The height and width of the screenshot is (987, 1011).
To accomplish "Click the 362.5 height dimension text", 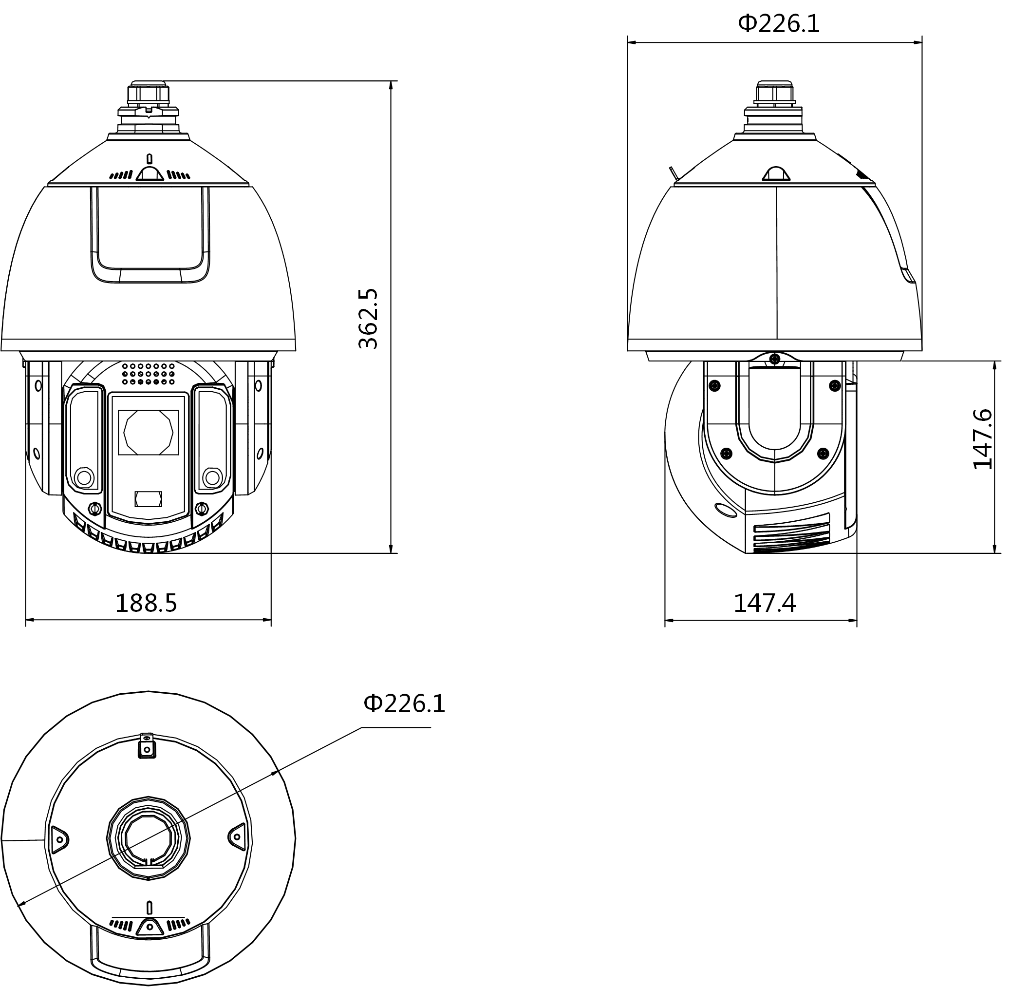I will click(x=369, y=318).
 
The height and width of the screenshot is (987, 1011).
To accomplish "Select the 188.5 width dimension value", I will click(x=146, y=603).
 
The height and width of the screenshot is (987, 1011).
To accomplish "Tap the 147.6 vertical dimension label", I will click(x=982, y=439).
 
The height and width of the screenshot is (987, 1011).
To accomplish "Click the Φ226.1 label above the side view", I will click(x=779, y=24).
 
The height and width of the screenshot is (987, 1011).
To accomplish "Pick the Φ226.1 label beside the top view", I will click(x=404, y=703).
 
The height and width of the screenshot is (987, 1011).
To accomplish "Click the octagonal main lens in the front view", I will click(x=148, y=432).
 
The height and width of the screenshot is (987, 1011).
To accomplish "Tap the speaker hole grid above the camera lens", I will click(x=148, y=373).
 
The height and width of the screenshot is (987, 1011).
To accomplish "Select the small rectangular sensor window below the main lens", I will click(x=148, y=499).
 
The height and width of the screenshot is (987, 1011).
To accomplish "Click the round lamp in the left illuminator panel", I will click(x=84, y=477).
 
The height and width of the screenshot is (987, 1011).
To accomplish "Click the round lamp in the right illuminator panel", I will click(x=212, y=477).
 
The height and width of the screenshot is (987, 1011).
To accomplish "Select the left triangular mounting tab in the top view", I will click(x=58, y=839).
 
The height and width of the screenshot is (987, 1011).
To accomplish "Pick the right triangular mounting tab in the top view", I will click(x=237, y=836).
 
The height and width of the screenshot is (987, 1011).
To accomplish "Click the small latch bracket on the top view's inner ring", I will click(x=147, y=747).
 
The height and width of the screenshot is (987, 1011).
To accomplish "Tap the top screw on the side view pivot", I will click(x=775, y=359).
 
